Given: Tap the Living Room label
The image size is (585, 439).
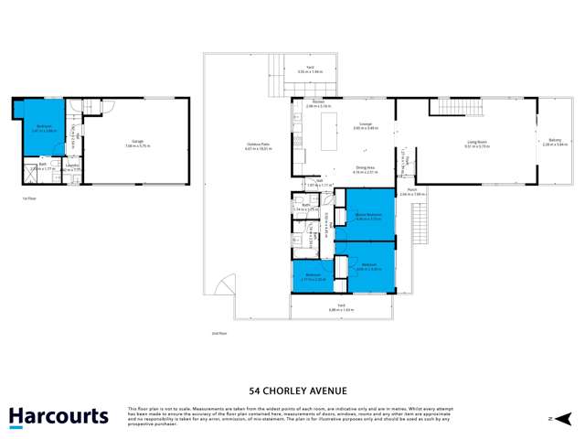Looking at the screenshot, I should click(476, 142).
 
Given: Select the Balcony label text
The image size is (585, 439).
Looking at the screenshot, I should click(555, 142).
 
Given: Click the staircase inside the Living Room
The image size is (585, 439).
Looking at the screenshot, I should click(445, 108).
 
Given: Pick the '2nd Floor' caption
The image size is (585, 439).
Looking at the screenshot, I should click(219, 333).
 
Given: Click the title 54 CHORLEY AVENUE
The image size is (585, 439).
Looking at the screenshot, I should click(292, 389).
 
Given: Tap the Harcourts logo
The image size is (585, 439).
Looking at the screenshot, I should click(58, 417).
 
